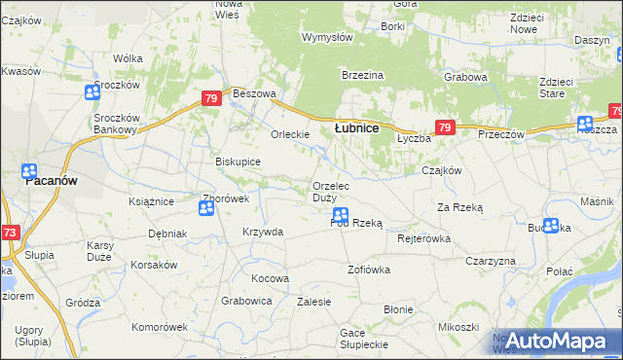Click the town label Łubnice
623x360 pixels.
[356, 127]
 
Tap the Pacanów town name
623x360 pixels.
[51, 181]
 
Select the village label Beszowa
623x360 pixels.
[255, 93]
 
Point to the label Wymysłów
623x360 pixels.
[327, 37]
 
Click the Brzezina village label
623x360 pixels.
[362, 75]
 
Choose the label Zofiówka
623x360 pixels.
[369, 269]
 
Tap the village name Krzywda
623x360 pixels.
[263, 232]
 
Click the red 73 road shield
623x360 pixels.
[10, 233]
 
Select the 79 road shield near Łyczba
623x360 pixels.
[445, 127]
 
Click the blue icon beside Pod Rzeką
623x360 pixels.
[341, 215]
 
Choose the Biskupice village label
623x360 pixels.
[238, 162]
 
